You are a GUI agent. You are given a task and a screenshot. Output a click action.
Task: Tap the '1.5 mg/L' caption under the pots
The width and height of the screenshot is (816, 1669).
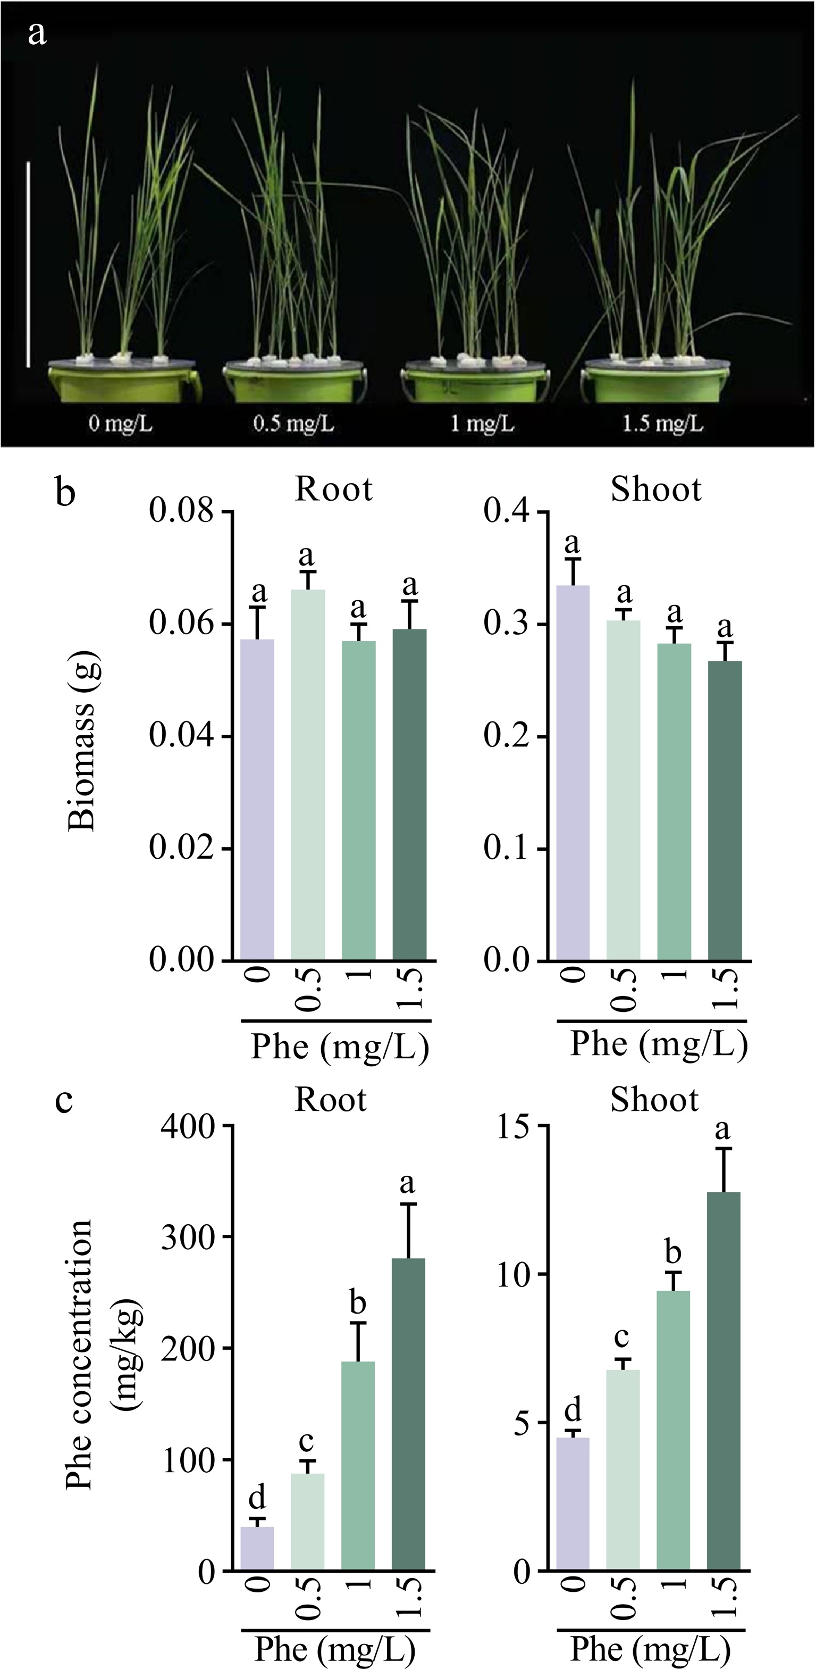point(662,425)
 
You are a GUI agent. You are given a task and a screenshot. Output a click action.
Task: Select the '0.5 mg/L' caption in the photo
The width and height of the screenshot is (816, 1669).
point(293,425)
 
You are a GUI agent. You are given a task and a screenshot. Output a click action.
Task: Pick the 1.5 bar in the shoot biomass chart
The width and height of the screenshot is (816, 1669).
point(725,810)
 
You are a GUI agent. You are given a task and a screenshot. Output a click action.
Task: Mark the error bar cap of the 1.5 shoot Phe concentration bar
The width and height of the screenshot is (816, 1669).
point(724,1149)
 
